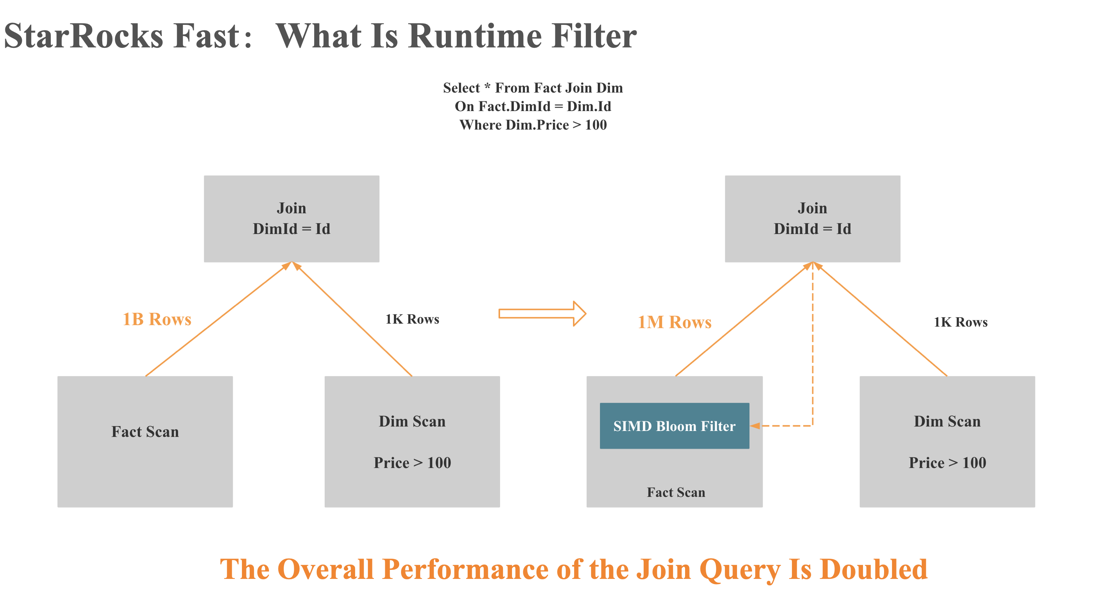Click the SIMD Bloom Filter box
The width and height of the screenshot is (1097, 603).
tap(674, 426)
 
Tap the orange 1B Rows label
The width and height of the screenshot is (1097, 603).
tap(157, 319)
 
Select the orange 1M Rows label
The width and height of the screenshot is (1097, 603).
tap(674, 322)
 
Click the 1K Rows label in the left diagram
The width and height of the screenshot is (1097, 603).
tap(412, 319)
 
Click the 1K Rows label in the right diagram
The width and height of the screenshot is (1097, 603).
tap(960, 322)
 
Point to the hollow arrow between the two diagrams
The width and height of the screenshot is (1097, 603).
tap(542, 314)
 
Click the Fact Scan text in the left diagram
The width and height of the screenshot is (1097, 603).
tap(145, 432)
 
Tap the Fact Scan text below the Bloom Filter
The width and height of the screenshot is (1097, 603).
tap(676, 492)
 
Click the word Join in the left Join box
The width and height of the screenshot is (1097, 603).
tap(291, 208)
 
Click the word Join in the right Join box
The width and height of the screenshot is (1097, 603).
tap(812, 208)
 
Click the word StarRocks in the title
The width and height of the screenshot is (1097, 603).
tap(84, 36)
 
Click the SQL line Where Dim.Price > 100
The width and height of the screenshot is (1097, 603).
tap(533, 125)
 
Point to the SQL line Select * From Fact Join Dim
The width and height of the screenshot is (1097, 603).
tap(533, 88)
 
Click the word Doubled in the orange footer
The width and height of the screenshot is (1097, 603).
tap(874, 569)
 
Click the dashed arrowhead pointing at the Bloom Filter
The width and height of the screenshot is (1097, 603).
tap(755, 426)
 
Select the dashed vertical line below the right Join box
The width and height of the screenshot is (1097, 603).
tap(813, 341)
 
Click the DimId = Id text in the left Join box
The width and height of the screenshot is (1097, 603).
tap(291, 229)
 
